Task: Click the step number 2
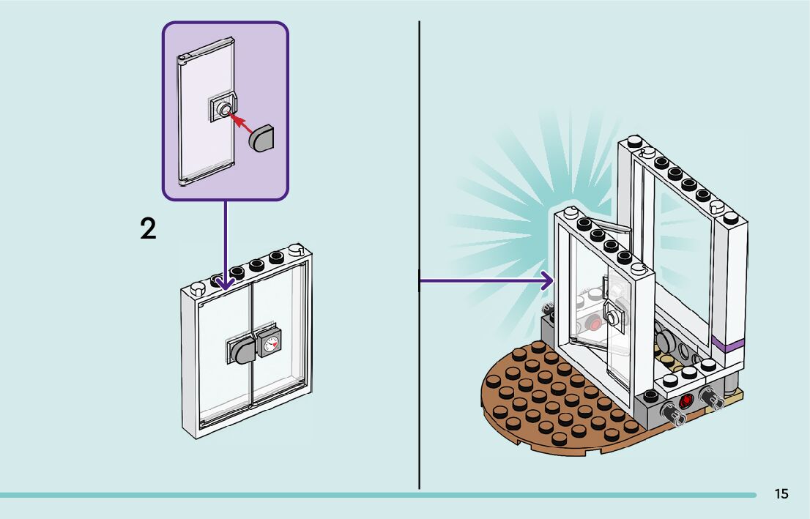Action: [148, 229]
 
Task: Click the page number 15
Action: [781, 494]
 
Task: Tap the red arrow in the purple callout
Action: [241, 124]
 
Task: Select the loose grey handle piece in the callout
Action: [261, 138]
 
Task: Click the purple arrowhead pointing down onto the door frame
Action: [226, 283]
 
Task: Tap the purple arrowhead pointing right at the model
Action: [546, 281]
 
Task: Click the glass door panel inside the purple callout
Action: [207, 111]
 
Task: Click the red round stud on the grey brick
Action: [686, 401]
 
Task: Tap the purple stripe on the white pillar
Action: [727, 343]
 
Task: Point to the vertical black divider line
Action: [419, 255]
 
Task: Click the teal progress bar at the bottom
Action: [378, 495]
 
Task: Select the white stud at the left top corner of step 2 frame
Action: [198, 288]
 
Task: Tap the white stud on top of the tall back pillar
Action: [634, 141]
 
